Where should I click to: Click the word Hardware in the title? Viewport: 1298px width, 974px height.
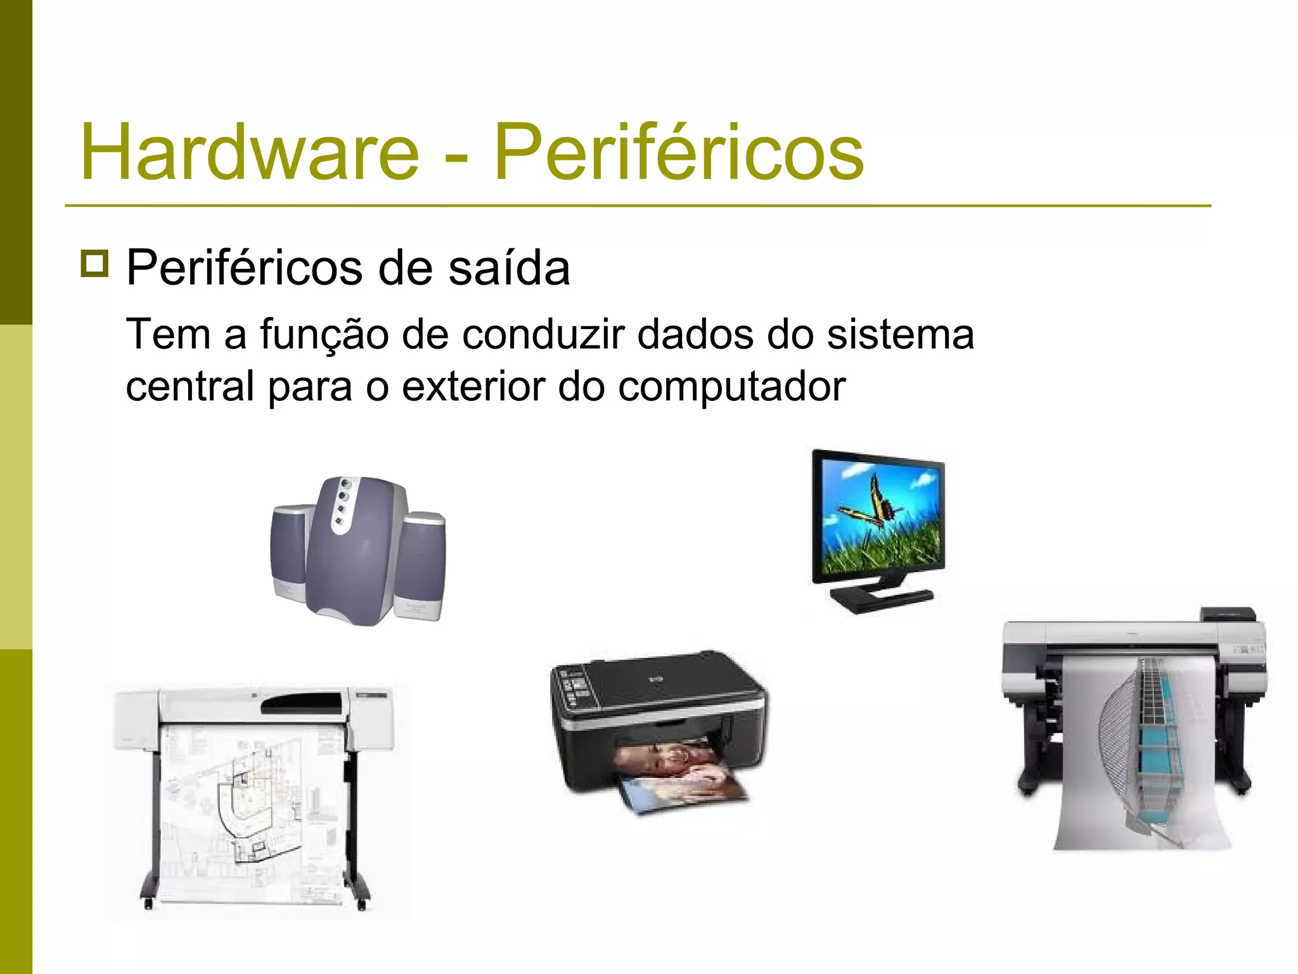[250, 152]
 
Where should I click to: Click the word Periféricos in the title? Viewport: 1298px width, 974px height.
[678, 152]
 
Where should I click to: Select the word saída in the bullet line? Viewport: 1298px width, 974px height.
[509, 268]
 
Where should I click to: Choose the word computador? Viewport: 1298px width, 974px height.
[731, 387]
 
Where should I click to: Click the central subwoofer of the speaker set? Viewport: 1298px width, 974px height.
[358, 552]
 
